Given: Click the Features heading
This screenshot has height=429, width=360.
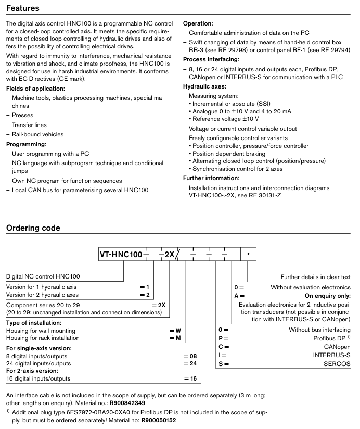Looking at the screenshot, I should (24, 8).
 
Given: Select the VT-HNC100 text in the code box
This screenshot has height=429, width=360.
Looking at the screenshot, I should (121, 255).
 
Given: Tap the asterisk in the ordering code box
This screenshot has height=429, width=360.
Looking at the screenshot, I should (248, 255).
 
